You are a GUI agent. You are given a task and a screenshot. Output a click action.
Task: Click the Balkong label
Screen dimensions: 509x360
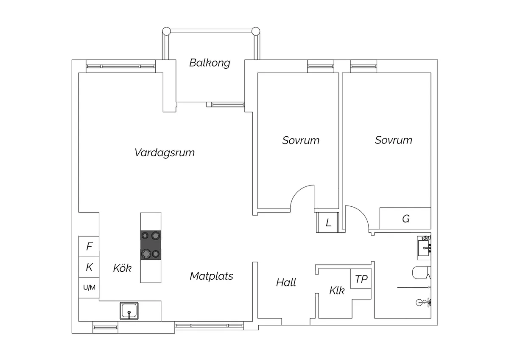pyautogui.click(x=210, y=63)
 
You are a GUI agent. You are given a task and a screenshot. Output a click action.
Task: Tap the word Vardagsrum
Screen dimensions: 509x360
pyautogui.click(x=165, y=152)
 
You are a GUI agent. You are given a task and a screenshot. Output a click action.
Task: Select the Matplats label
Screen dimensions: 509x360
pyautogui.click(x=211, y=276)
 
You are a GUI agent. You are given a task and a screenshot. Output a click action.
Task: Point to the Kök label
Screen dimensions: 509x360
pyautogui.click(x=122, y=268)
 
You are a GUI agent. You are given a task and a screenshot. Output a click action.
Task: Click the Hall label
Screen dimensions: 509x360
pyautogui.click(x=286, y=282)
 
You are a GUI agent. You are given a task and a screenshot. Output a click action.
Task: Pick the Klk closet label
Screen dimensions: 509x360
pyautogui.click(x=337, y=290)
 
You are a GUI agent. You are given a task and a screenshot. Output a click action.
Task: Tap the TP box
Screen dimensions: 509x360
pyautogui.click(x=361, y=278)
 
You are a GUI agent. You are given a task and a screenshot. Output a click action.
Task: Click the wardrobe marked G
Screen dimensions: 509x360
pyautogui.click(x=406, y=218)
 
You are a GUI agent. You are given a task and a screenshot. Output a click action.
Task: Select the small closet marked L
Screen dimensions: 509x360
pyautogui.click(x=327, y=222)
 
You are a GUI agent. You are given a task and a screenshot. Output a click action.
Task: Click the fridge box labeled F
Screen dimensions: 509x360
pyautogui.click(x=89, y=247)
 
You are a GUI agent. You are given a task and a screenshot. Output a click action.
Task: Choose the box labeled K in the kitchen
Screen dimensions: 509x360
pyautogui.click(x=89, y=267)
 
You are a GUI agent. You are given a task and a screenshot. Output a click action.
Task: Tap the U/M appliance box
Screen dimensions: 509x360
pyautogui.click(x=89, y=288)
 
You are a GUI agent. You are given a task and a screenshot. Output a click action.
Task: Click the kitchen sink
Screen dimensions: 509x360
pyautogui.click(x=129, y=311)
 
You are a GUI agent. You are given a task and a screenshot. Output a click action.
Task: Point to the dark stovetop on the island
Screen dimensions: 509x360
pyautogui.click(x=151, y=245)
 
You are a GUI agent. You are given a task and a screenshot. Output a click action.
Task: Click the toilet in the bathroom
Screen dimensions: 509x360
pyautogui.click(x=422, y=273)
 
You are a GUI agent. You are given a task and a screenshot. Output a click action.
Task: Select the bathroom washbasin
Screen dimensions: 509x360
pyautogui.click(x=424, y=248)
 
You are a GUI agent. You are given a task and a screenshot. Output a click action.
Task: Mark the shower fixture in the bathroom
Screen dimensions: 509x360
pyautogui.click(x=424, y=302)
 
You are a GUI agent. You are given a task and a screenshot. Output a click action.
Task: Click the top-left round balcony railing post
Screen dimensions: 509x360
pyautogui.click(x=166, y=31)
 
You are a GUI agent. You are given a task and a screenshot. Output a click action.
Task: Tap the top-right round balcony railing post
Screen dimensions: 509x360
pyautogui.click(x=256, y=31)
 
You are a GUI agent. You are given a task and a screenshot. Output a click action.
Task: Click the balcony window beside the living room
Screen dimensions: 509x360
pyautogui.click(x=226, y=104)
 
